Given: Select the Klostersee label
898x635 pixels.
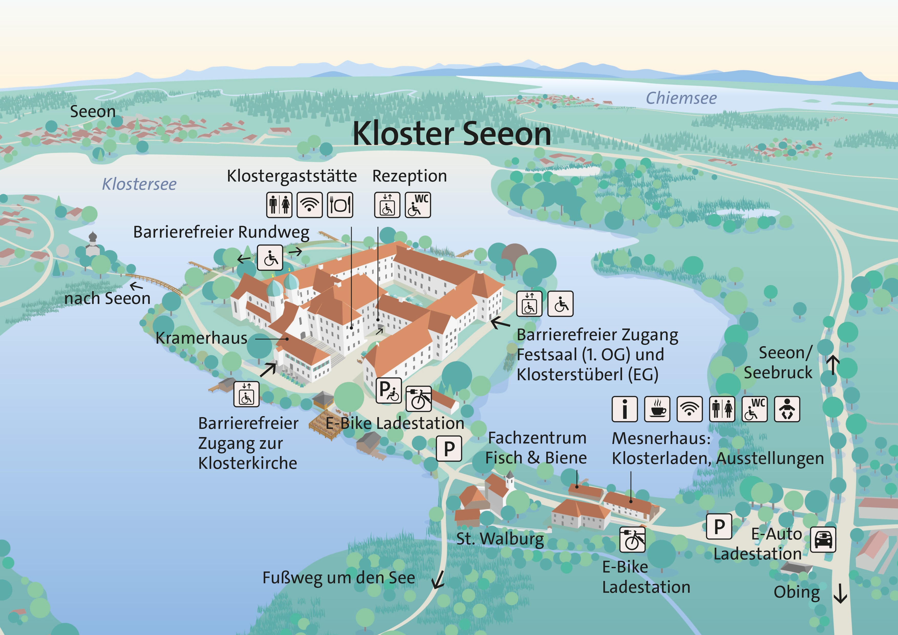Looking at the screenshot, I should (x=139, y=184).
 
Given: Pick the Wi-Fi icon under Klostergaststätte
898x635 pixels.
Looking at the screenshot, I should (x=309, y=205).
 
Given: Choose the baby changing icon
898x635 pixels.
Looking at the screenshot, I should (x=787, y=409).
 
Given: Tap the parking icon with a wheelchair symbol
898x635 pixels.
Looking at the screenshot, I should (x=388, y=390).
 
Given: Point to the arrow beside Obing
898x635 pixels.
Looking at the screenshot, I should (x=840, y=594).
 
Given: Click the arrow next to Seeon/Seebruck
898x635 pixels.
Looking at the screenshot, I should (x=833, y=365).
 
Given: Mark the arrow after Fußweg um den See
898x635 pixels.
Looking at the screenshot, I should (x=438, y=579).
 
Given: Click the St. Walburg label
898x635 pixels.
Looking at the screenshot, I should (x=500, y=539).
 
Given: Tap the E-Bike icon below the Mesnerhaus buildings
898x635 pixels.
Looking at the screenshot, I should (x=632, y=539).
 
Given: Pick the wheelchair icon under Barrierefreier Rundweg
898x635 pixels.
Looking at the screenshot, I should (x=270, y=257).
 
